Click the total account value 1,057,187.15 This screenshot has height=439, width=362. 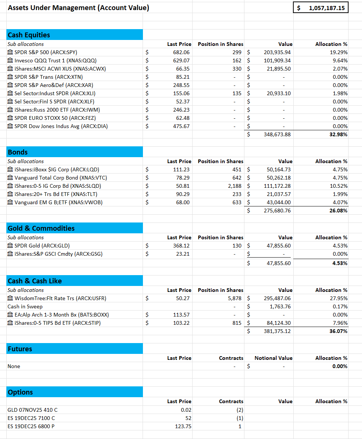[327, 8]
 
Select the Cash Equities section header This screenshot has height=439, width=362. [29, 35]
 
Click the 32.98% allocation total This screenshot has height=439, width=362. [338, 134]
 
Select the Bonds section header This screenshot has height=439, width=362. [18, 152]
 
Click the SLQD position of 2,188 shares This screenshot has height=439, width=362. [235, 186]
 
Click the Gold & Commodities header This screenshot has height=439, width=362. [41, 228]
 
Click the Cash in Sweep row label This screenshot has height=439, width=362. [25, 306]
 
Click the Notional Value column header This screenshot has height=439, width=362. [273, 358]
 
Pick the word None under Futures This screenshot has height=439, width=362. [14, 366]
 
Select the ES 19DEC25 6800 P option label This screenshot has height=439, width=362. [31, 426]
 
